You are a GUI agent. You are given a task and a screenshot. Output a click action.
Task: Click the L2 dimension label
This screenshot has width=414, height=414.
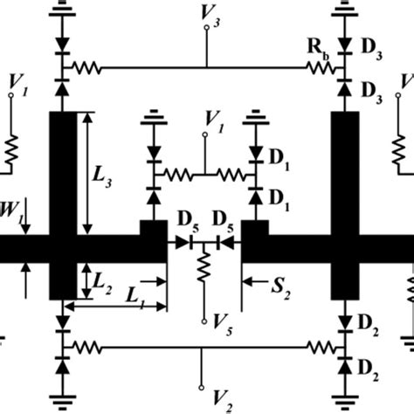103,281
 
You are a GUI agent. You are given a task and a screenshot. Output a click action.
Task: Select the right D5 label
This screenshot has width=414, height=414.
223,217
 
